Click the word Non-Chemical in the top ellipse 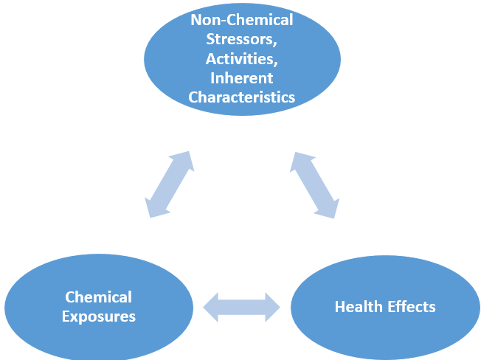point(242,20)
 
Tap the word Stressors point(242,39)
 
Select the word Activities point(242,58)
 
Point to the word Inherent point(242,77)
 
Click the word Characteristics point(242,97)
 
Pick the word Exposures point(99,316)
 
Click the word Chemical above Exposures point(99,297)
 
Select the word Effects point(412,306)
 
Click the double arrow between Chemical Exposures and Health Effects point(242,307)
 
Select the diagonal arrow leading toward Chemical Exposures point(170,184)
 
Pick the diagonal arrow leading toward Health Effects point(315,184)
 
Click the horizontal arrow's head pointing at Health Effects point(271,307)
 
